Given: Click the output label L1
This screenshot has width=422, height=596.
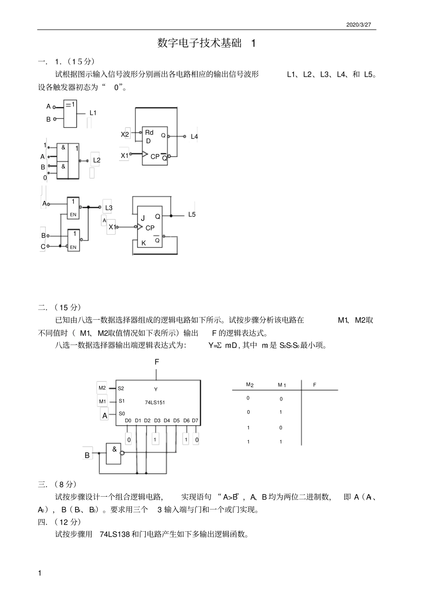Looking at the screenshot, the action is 93,113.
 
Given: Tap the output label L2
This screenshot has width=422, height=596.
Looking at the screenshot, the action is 97,160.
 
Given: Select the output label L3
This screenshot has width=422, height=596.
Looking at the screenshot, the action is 109,208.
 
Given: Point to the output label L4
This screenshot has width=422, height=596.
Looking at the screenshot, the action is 194,137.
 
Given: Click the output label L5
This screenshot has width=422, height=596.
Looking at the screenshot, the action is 192,215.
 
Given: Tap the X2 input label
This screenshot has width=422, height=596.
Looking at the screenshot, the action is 125,134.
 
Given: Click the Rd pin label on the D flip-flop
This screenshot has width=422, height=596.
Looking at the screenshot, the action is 149,133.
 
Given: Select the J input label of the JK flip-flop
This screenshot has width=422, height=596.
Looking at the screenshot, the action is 143,219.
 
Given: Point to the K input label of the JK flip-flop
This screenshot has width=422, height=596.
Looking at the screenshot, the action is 143,243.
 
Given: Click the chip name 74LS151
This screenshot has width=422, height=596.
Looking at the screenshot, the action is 155,403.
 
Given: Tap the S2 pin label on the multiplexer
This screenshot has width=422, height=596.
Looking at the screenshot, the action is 121,388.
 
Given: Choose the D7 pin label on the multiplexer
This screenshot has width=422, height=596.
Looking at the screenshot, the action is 195,420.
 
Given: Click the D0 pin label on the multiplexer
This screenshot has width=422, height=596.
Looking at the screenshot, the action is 128,420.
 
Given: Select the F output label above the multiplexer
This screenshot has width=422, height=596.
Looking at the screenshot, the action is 157,362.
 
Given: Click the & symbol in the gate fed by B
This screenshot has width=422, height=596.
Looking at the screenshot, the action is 114,449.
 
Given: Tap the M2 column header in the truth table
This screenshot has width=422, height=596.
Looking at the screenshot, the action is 250,385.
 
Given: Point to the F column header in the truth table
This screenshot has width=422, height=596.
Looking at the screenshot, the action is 315,385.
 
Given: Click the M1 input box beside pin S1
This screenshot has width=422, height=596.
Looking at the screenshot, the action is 103,401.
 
